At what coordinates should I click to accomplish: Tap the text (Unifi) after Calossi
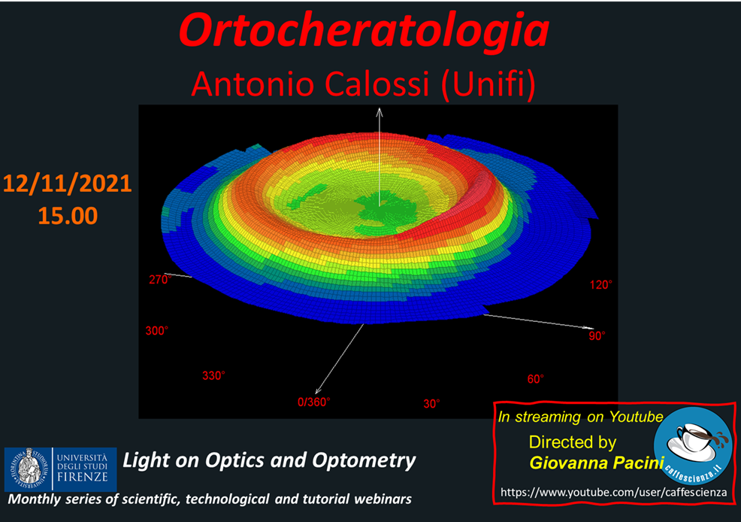[x=488, y=84]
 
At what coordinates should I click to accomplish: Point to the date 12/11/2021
[x=67, y=184]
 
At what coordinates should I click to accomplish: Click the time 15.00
[x=68, y=216]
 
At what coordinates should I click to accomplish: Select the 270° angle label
[x=160, y=280]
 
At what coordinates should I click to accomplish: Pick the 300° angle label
[x=157, y=330]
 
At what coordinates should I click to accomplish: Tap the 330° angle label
[x=213, y=375]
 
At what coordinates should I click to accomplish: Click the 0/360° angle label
[x=314, y=402]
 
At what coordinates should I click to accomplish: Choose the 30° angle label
[x=431, y=403]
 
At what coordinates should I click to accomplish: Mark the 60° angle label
[x=535, y=379]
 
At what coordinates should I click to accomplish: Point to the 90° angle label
[x=597, y=335]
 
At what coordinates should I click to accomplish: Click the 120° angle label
[x=600, y=284]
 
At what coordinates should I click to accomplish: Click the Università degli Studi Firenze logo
[x=60, y=469]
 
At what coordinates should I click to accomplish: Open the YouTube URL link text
[x=613, y=492]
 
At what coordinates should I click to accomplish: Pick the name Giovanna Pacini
[x=597, y=463]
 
